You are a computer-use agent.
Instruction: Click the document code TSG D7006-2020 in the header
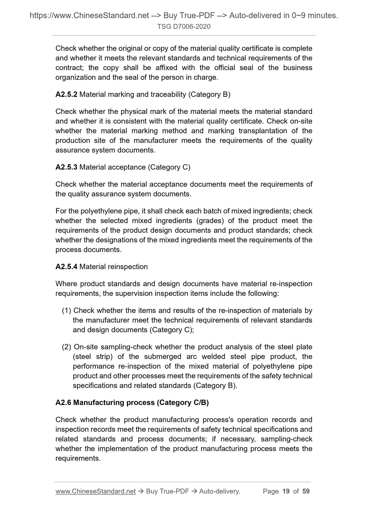point(184,27)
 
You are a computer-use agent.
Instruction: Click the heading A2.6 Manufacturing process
point(132,402)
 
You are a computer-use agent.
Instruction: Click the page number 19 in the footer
point(286,491)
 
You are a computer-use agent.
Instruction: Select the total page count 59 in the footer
point(306,491)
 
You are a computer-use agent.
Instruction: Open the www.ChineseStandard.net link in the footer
point(96,491)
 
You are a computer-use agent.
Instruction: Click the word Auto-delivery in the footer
point(220,491)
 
